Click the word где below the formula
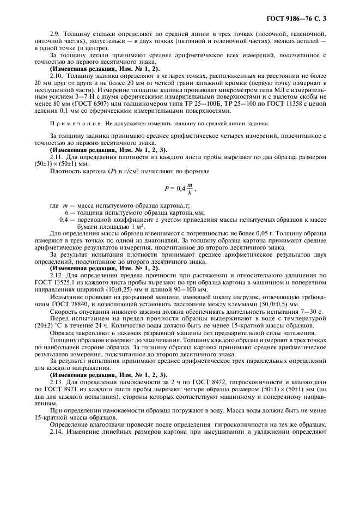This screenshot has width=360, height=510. pyautogui.click(x=53, y=205)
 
